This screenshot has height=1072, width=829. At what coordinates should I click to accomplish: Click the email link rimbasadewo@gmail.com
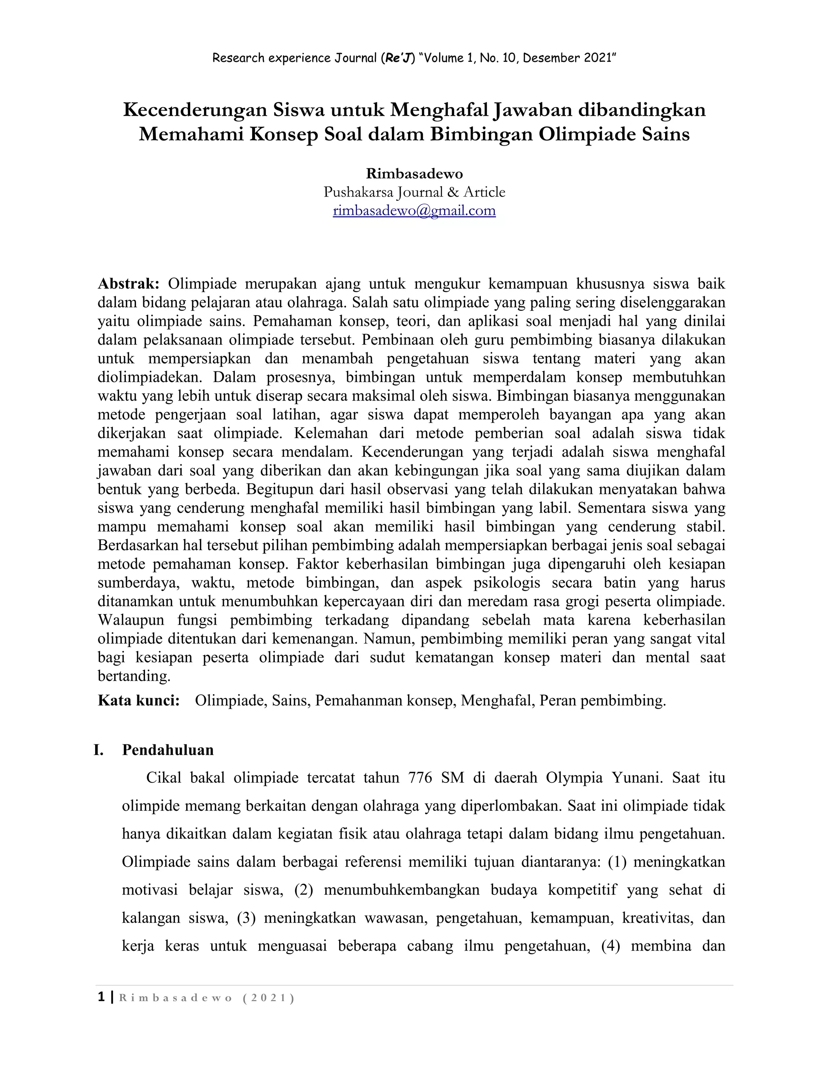click(414, 211)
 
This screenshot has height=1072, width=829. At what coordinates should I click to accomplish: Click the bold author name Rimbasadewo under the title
click(414, 174)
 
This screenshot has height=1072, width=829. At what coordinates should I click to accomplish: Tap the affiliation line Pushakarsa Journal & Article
click(414, 192)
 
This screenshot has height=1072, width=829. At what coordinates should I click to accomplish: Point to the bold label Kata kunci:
click(139, 700)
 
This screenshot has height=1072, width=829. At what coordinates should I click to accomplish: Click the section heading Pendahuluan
click(168, 750)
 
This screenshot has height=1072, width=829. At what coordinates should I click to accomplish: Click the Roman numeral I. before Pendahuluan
click(99, 750)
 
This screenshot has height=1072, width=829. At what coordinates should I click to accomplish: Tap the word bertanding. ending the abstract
click(134, 676)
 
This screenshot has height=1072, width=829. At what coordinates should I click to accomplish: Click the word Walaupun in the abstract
click(131, 620)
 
